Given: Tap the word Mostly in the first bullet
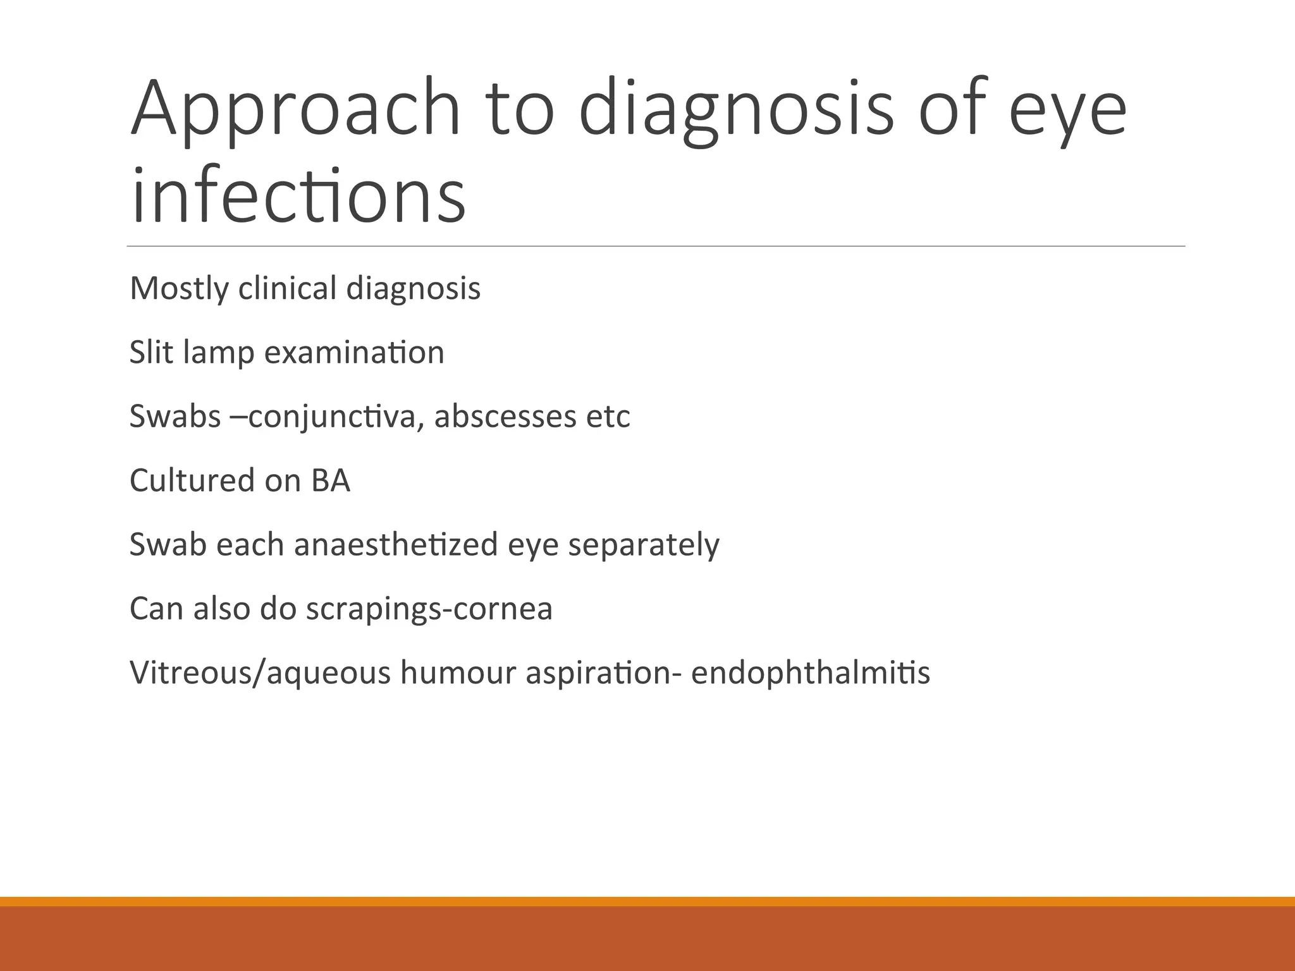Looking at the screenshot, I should pyautogui.click(x=179, y=289).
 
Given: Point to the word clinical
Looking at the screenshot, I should pyautogui.click(x=287, y=288).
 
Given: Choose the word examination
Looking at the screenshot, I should pyautogui.click(x=354, y=352).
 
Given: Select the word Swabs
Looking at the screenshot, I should pyautogui.click(x=175, y=416).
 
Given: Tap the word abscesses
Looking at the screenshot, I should pyautogui.click(x=505, y=416).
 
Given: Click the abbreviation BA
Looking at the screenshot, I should pyautogui.click(x=330, y=480).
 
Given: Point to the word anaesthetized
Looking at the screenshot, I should pyautogui.click(x=396, y=544).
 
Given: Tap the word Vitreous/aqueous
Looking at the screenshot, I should pyautogui.click(x=260, y=673).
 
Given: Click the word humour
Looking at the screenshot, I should pyautogui.click(x=458, y=673).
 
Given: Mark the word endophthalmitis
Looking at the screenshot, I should pyautogui.click(x=810, y=673).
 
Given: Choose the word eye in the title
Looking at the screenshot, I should pyautogui.click(x=1067, y=109).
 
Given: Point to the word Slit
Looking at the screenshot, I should pyautogui.click(x=152, y=352).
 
